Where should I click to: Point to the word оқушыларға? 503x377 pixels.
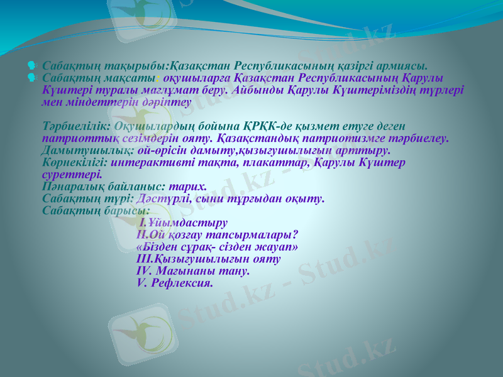coord(193,78)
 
